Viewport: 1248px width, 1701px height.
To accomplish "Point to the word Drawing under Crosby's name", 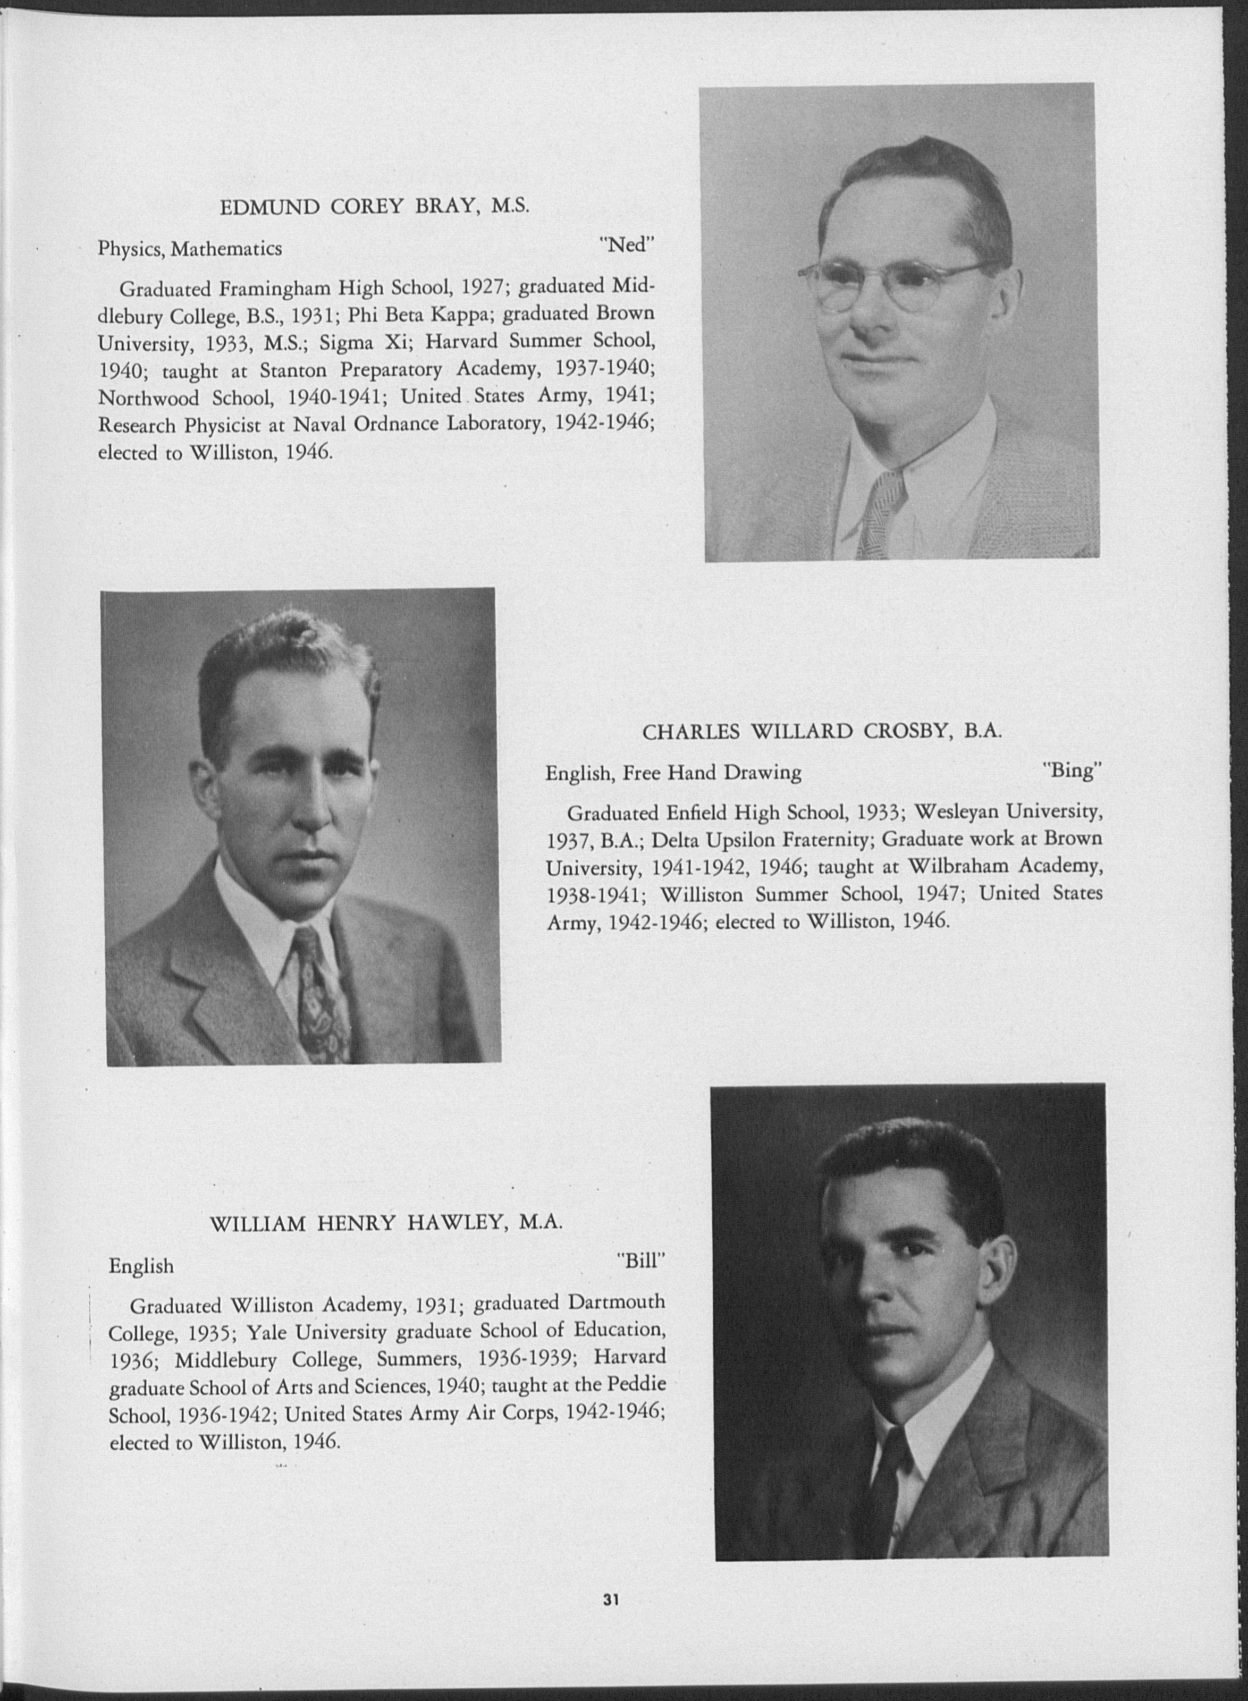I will [x=764, y=772].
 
